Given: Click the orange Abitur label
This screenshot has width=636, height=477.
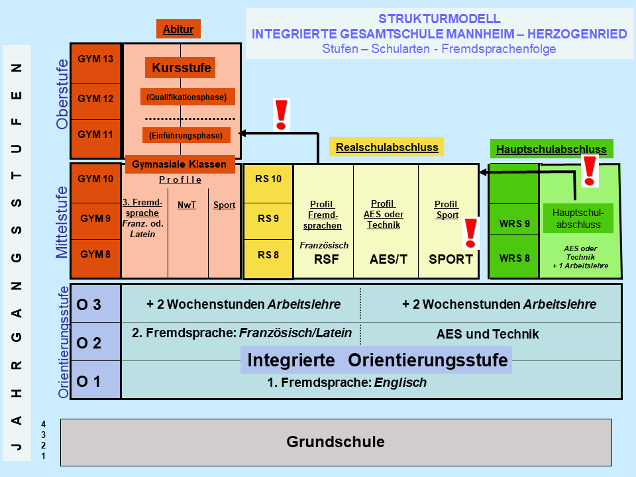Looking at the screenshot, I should point(178,29).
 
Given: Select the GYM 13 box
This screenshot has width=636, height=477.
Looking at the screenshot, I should point(95,60).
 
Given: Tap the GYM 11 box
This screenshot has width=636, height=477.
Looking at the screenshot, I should point(95,134).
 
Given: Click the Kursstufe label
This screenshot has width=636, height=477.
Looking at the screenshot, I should point(181,68).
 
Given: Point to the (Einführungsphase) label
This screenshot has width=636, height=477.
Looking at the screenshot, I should point(186,135).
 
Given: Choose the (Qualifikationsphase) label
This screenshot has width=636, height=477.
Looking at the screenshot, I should point(187,97).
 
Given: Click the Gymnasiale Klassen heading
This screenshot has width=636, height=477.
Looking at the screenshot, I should point(180,164).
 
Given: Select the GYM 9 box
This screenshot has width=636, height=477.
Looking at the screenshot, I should point(95,217).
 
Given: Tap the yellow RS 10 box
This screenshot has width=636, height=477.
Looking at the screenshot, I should point(268,179).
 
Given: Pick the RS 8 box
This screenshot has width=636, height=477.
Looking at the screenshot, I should point(268,255).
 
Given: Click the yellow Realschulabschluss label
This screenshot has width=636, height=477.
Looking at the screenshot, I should point(387,147).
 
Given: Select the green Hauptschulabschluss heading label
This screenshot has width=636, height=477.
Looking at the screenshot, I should point(551,150).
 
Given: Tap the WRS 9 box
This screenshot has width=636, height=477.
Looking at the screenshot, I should point(514,223).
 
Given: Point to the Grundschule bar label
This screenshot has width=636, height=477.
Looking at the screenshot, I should point(335,442).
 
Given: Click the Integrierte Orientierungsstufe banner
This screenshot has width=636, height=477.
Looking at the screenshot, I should point(377,361).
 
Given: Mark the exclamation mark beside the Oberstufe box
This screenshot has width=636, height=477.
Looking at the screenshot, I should point(282,115).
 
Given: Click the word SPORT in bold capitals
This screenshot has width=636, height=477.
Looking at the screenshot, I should point(450,260).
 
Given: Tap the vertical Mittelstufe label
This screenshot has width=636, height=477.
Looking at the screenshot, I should point(62,222).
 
